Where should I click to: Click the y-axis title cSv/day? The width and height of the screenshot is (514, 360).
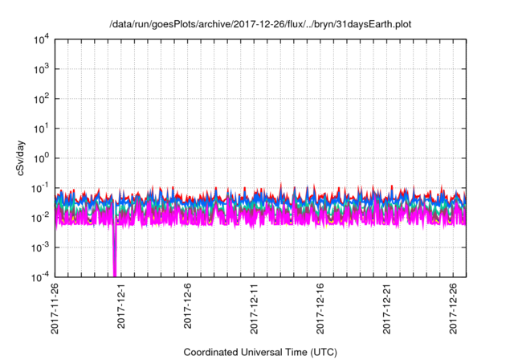click(17, 157)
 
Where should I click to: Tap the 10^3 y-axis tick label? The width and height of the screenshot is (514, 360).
click(40, 70)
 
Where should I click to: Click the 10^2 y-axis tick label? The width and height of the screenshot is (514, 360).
click(40, 99)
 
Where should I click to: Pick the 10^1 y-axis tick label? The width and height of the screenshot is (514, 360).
click(40, 129)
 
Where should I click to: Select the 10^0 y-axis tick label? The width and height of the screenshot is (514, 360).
click(40, 158)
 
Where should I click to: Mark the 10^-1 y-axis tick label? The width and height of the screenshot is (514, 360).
click(40, 188)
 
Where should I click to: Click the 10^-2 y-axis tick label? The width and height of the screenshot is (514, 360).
click(40, 217)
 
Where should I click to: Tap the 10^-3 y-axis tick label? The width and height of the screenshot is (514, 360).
click(40, 247)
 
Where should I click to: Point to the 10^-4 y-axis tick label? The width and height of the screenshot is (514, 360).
click(40, 276)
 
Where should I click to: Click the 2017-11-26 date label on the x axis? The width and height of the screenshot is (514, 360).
click(55, 309)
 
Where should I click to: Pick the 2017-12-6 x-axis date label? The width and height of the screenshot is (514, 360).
click(188, 306)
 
